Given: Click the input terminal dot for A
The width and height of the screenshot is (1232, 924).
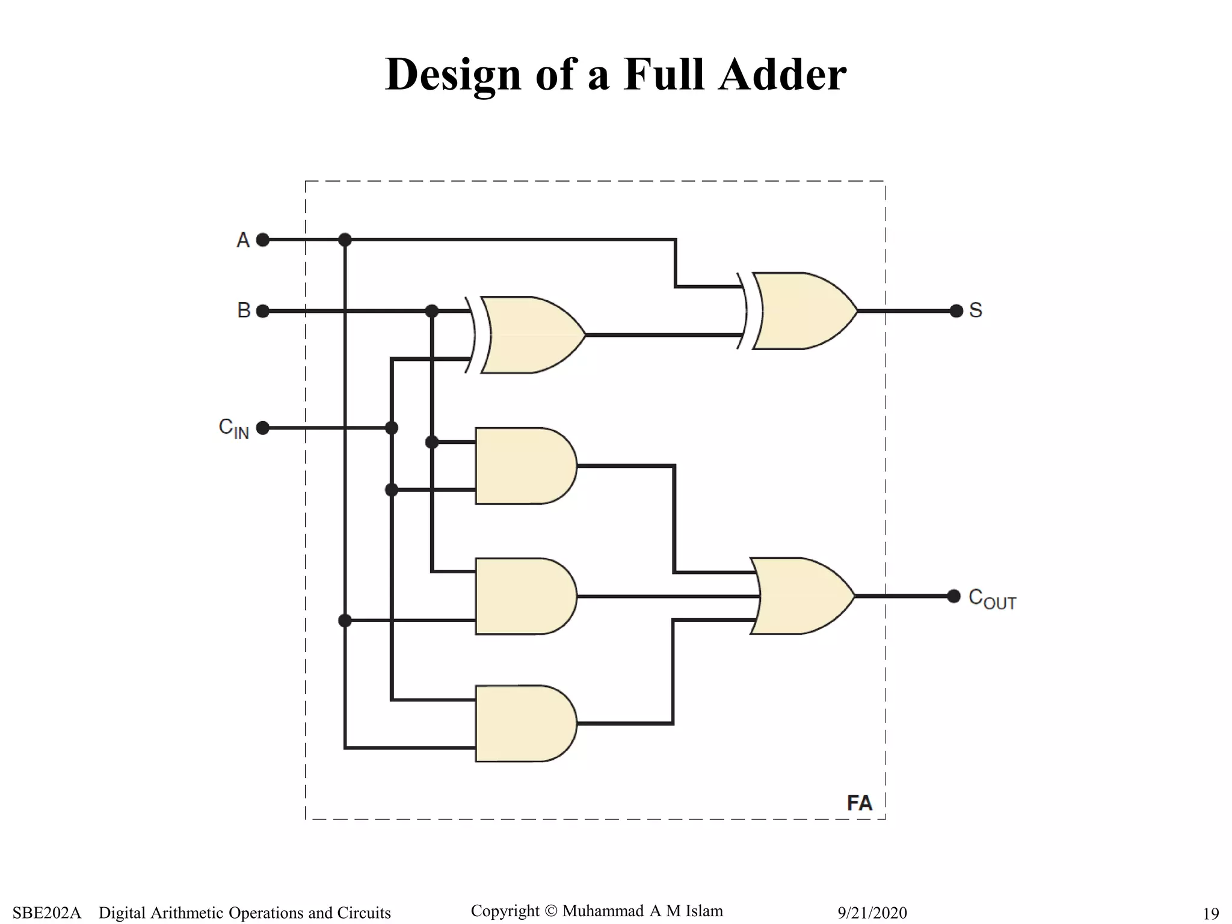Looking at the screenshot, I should pyautogui.click(x=263, y=240).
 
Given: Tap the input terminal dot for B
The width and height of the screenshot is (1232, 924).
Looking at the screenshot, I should pyautogui.click(x=263, y=311).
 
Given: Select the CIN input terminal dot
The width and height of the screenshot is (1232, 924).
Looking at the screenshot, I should pyautogui.click(x=263, y=428).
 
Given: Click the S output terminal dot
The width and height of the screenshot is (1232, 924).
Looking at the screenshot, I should pyautogui.click(x=956, y=311).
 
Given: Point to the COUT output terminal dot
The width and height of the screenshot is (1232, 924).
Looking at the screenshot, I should pyautogui.click(x=954, y=596).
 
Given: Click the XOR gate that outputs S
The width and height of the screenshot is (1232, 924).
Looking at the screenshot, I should pyautogui.click(x=800, y=311).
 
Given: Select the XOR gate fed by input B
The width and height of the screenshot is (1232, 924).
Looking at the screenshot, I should pyautogui.click(x=529, y=335).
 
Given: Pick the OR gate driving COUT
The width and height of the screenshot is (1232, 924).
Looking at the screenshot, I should pyautogui.click(x=800, y=596).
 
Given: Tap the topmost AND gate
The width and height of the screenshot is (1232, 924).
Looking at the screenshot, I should pyautogui.click(x=523, y=466).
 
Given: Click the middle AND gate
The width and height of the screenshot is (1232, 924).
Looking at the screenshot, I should pyautogui.click(x=523, y=596).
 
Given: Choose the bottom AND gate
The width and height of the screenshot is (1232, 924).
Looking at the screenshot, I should pyautogui.click(x=523, y=724).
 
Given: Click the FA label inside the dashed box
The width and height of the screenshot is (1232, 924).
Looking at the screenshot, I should pyautogui.click(x=859, y=803).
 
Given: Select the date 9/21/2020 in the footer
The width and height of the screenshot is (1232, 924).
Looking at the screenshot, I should pyautogui.click(x=872, y=913).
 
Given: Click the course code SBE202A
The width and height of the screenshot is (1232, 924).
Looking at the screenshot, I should pyautogui.click(x=46, y=913).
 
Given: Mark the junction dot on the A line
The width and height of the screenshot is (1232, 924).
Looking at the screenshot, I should pyautogui.click(x=345, y=240).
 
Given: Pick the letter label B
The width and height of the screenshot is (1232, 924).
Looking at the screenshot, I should pyautogui.click(x=244, y=310).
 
